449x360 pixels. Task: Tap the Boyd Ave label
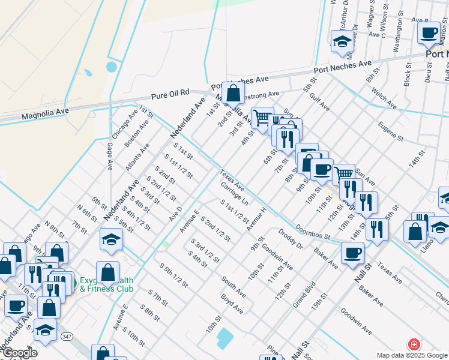click(x=232, y=303)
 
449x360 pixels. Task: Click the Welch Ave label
click(x=383, y=99)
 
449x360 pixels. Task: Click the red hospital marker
click(x=414, y=344)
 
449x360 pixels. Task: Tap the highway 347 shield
click(x=65, y=338)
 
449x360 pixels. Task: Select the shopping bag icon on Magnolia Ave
click(x=234, y=94)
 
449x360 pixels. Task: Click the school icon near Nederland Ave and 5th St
click(x=111, y=240)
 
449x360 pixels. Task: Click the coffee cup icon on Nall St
click(x=352, y=252)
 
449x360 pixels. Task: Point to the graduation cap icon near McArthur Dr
click(x=342, y=41)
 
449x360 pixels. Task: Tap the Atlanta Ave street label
click(x=137, y=157)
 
